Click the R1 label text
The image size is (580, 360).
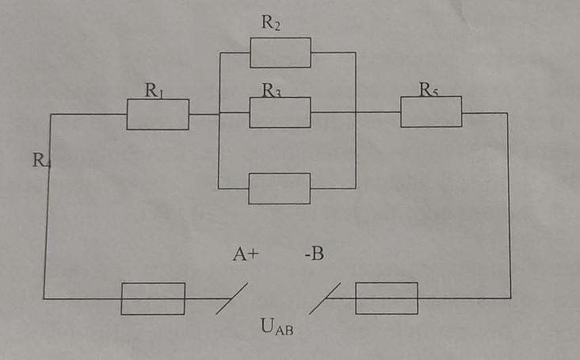click(154, 90)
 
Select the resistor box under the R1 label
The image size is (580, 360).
click(158, 114)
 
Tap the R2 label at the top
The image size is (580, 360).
click(271, 23)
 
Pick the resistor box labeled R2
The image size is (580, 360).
click(280, 52)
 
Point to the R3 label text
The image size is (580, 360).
click(272, 91)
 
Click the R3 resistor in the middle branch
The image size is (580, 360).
click(280, 113)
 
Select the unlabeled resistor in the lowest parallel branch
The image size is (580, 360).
click(279, 189)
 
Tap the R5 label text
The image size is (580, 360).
click(429, 90)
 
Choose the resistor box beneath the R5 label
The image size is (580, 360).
click(430, 112)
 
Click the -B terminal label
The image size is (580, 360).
click(313, 255)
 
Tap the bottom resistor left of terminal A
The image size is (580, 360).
click(153, 298)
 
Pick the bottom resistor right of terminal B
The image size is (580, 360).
click(386, 297)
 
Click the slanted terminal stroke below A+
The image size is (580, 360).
click(231, 300)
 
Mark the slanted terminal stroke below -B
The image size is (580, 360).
click(326, 299)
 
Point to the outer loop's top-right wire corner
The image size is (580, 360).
click(507, 113)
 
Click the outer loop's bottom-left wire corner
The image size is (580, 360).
click(44, 299)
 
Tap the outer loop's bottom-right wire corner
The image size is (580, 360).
click(510, 298)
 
